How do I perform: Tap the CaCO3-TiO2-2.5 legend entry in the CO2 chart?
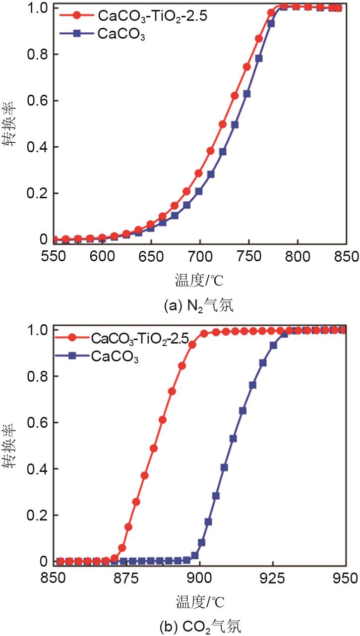point(139,339)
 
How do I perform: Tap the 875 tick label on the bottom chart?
point(126,578)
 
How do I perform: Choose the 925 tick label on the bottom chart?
point(272,578)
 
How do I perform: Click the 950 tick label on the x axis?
point(344,578)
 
